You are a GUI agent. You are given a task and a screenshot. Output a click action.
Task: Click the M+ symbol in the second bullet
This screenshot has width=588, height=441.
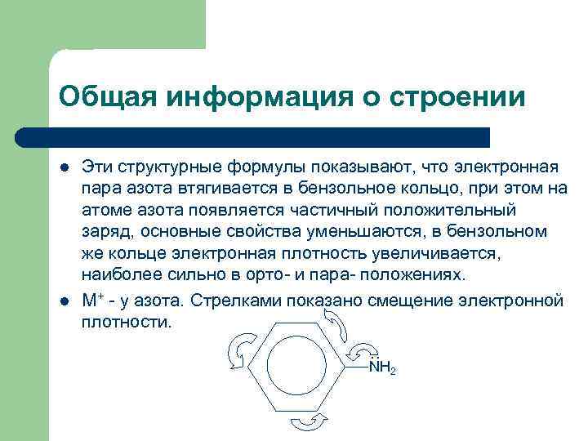pyautogui.click(x=92, y=300)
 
